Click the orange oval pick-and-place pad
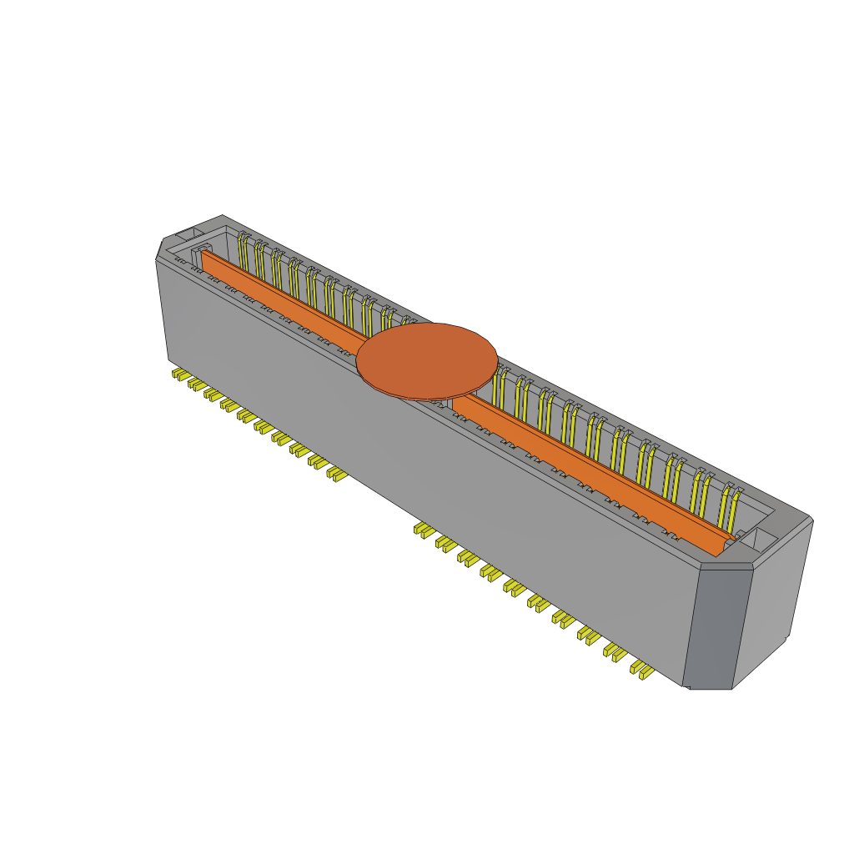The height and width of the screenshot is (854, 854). tap(427, 360)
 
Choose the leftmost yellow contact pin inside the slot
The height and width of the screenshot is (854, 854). tap(243, 251)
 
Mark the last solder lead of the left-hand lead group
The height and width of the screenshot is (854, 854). tap(337, 474)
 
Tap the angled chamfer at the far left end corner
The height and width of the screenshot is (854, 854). tap(159, 248)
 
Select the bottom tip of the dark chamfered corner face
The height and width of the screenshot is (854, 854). tap(709, 687)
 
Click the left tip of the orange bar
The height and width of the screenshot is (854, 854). tap(203, 254)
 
